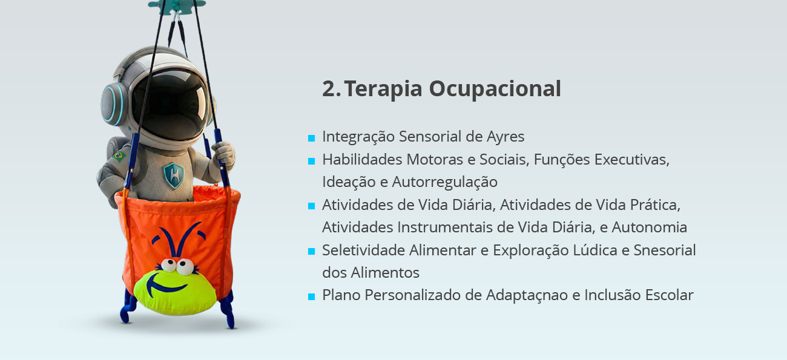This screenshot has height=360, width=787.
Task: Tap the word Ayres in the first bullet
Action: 505,136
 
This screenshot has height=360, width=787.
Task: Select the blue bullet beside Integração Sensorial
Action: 311,138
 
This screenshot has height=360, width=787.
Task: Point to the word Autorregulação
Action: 445,182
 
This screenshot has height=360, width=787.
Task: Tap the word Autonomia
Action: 649,227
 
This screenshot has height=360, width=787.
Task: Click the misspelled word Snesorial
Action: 665,250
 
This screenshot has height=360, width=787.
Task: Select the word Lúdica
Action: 595,250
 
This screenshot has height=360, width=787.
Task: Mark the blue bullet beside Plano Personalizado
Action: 311,296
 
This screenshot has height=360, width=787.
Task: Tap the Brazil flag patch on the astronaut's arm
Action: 119,155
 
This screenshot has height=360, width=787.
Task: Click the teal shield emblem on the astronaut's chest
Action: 173,175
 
